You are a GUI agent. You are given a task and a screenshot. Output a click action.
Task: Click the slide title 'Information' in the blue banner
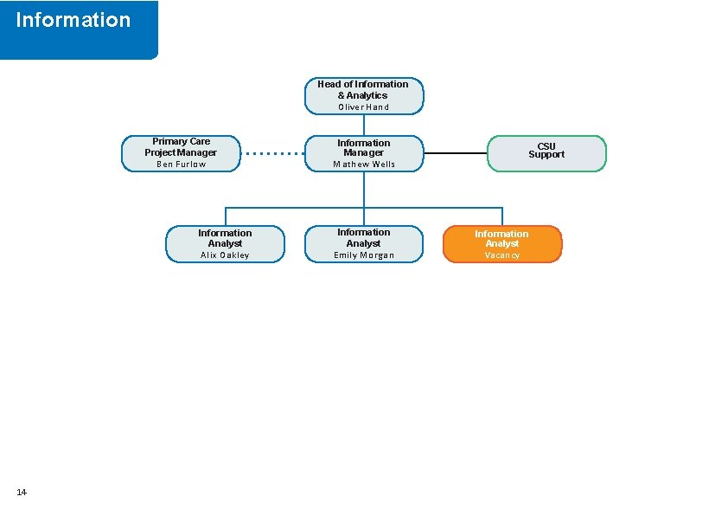[x=73, y=20]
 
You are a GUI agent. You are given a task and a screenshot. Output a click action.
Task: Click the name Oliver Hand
[x=363, y=107]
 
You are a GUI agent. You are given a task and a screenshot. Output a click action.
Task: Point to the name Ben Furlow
[x=181, y=164]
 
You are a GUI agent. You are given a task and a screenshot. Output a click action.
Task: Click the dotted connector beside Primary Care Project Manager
[x=272, y=154]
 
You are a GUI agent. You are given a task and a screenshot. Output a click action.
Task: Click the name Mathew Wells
[x=364, y=164]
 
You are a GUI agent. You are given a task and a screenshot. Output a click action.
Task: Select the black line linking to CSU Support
[x=456, y=154]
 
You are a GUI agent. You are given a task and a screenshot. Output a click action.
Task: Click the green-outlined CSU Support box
[x=546, y=153]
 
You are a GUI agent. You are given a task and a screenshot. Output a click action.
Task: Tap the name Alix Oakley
[x=225, y=255]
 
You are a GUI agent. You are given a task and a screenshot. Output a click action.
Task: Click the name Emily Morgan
[x=364, y=255]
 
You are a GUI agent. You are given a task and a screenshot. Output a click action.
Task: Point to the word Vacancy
[x=501, y=255]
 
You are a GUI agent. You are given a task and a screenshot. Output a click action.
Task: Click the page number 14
[x=22, y=493]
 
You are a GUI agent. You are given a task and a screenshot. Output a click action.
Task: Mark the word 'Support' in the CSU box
[x=546, y=155]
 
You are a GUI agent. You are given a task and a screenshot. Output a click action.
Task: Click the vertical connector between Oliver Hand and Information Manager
[x=364, y=125]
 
